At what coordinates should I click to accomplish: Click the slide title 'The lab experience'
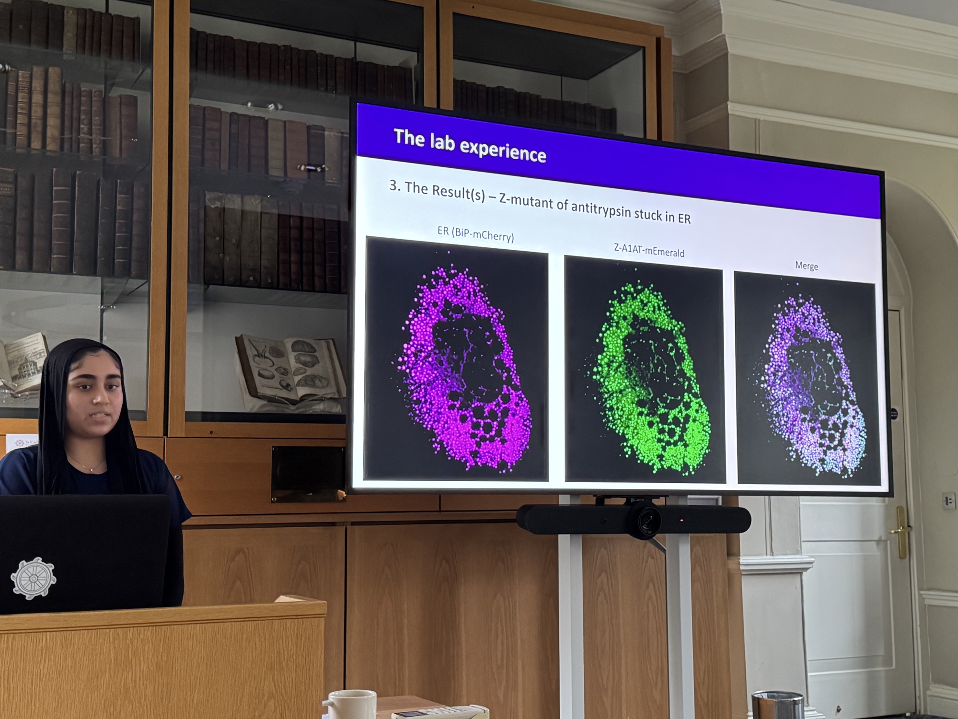(470, 146)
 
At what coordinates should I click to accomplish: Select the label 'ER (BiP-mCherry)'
(475, 233)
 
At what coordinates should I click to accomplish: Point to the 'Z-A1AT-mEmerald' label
(649, 250)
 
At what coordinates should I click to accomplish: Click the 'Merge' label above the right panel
(807, 266)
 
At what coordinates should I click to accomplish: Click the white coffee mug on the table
(350, 704)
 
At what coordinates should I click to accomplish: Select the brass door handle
(900, 532)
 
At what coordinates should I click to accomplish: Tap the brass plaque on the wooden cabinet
(308, 474)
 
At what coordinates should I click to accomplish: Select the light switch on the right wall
(947, 501)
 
